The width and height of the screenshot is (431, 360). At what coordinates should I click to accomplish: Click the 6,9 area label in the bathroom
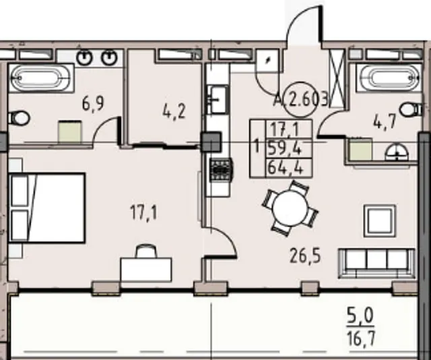(93, 104)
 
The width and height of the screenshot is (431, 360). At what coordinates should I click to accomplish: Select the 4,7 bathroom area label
(385, 121)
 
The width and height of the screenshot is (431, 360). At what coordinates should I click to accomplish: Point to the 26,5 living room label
(305, 256)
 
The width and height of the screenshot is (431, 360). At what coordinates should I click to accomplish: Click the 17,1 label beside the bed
(143, 213)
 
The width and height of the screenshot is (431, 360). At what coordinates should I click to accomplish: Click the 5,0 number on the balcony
(360, 316)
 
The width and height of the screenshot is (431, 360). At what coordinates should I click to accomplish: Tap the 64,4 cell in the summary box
(285, 167)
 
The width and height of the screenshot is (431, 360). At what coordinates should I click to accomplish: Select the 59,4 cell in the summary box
(285, 148)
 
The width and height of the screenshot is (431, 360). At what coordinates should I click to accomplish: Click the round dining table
(290, 208)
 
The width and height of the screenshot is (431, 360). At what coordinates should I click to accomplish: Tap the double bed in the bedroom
(47, 208)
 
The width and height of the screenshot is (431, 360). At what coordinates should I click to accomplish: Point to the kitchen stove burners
(221, 170)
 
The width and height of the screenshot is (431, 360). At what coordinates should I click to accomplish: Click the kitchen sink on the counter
(218, 99)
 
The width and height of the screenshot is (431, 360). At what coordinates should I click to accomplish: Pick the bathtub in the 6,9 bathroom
(41, 78)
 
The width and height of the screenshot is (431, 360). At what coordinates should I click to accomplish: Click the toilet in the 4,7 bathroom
(411, 109)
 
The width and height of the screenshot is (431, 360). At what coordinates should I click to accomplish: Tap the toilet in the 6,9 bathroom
(19, 119)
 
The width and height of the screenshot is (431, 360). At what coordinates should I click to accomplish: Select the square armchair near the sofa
(380, 220)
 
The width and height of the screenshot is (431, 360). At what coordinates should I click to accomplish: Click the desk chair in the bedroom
(145, 251)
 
